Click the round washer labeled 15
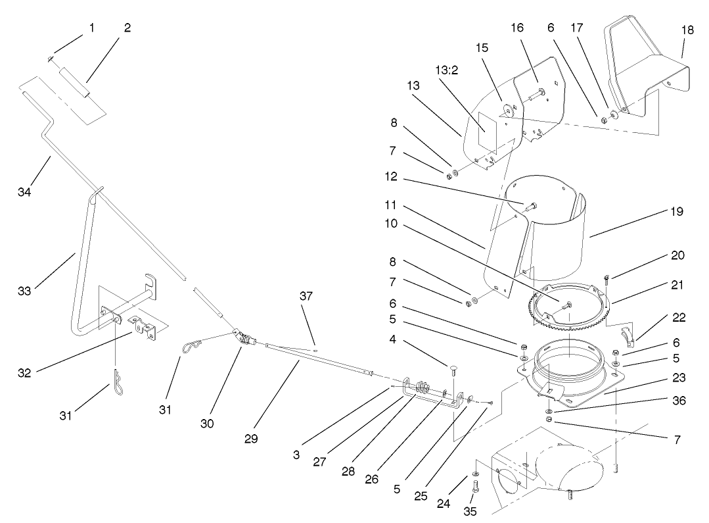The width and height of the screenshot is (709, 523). tap(507, 109)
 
